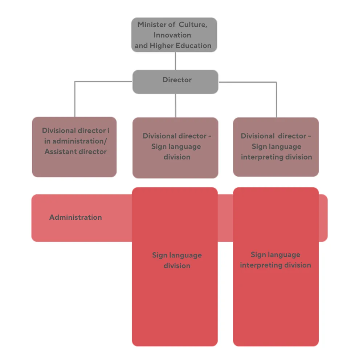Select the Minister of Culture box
point(174,35)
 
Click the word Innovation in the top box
point(172,35)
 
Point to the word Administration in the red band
point(76,218)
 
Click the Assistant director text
point(76,152)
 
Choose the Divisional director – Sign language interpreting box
point(276,147)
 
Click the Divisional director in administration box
point(74,147)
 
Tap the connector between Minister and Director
point(175,61)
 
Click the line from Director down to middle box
point(175,105)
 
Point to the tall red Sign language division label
point(177,260)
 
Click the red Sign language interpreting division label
point(276,260)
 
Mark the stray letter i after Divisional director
point(108,131)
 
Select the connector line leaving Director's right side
point(247,82)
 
